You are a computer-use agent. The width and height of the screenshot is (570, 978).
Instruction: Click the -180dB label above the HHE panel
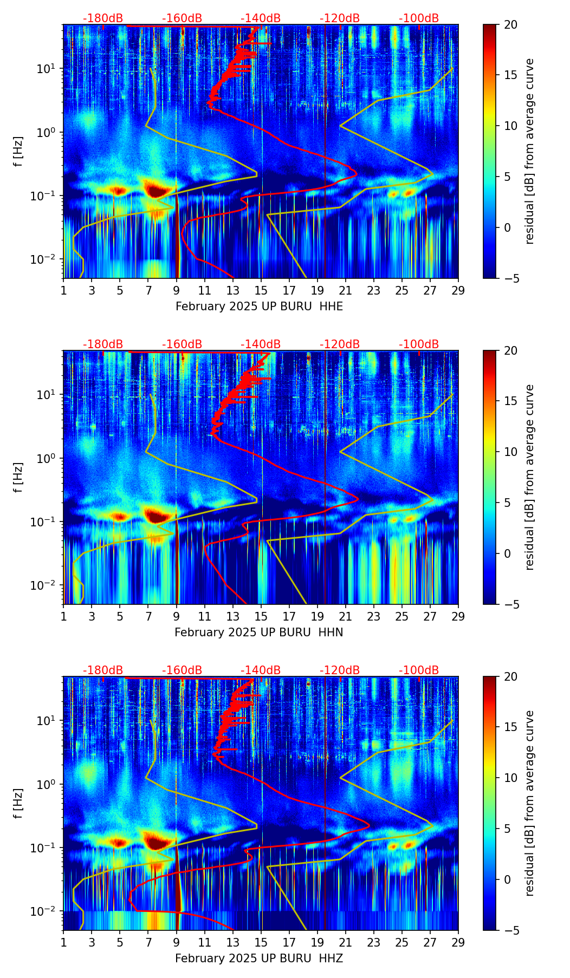click(103, 18)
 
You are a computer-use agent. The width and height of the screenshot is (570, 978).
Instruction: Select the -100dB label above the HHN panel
click(419, 344)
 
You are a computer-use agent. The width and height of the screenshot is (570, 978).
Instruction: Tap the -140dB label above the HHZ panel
click(261, 670)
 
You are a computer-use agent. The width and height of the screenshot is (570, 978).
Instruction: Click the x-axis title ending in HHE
click(259, 307)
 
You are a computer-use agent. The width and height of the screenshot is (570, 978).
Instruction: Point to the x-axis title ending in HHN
click(258, 633)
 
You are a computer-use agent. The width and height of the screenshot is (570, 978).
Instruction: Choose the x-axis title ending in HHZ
click(258, 959)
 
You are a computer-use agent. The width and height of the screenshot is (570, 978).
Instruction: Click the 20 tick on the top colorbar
click(510, 24)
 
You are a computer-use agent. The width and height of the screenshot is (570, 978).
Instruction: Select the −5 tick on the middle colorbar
click(508, 604)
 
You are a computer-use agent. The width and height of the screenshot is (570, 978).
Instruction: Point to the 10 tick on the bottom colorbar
click(510, 778)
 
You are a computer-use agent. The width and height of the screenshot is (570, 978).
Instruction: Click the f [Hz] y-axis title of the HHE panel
click(18, 151)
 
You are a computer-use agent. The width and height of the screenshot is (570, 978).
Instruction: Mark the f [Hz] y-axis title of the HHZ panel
click(18, 803)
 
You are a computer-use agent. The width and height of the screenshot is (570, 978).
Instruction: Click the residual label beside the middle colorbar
click(529, 477)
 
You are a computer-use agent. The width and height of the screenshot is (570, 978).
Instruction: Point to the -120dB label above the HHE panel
click(340, 18)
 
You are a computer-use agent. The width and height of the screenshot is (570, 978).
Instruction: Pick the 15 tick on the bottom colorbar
click(510, 727)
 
